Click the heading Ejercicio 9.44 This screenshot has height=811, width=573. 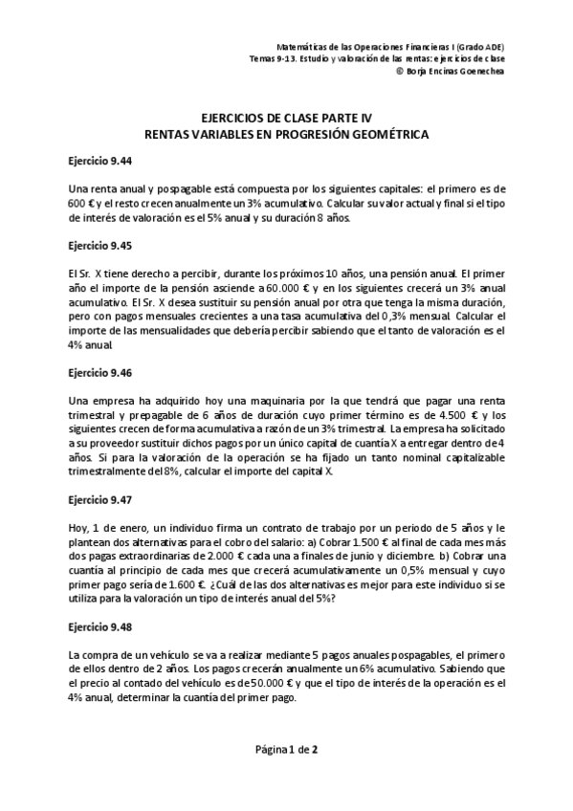point(99,161)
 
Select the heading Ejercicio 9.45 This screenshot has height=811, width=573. point(99,244)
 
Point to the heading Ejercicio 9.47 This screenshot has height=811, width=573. point(99,499)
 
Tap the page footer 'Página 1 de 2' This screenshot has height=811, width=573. point(286,749)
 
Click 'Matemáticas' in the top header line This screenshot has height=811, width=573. point(301,46)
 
